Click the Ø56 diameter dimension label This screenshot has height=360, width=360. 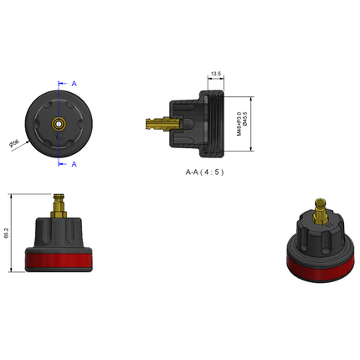click(x=15, y=144)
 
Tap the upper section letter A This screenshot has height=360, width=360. click(x=75, y=84)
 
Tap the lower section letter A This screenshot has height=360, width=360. click(x=75, y=164)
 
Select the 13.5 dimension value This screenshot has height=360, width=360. click(x=215, y=75)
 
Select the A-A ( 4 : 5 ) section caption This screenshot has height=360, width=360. click(x=204, y=171)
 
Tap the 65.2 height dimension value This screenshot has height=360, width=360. click(x=8, y=234)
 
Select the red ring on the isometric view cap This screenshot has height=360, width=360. click(x=320, y=270)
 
